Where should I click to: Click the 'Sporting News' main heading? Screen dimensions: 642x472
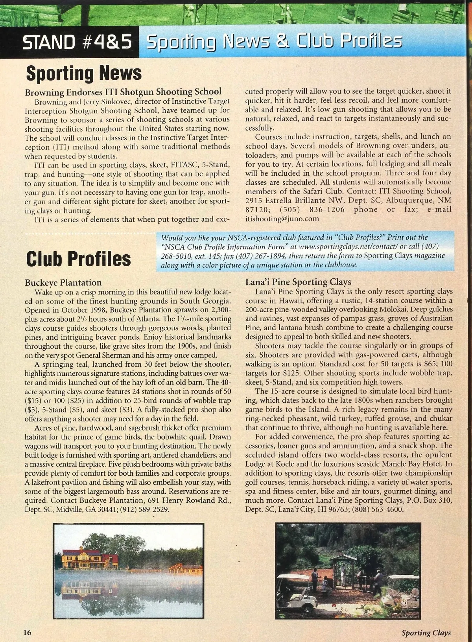pos(83,74)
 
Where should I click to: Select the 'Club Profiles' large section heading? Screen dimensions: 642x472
pos(78,258)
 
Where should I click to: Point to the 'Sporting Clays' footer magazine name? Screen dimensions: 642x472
pos(426,633)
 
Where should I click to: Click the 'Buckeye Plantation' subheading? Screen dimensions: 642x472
pos(63,283)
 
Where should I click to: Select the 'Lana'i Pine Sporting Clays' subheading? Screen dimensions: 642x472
pos(298,282)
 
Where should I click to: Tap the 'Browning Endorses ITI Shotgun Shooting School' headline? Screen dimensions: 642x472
pos(123,92)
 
